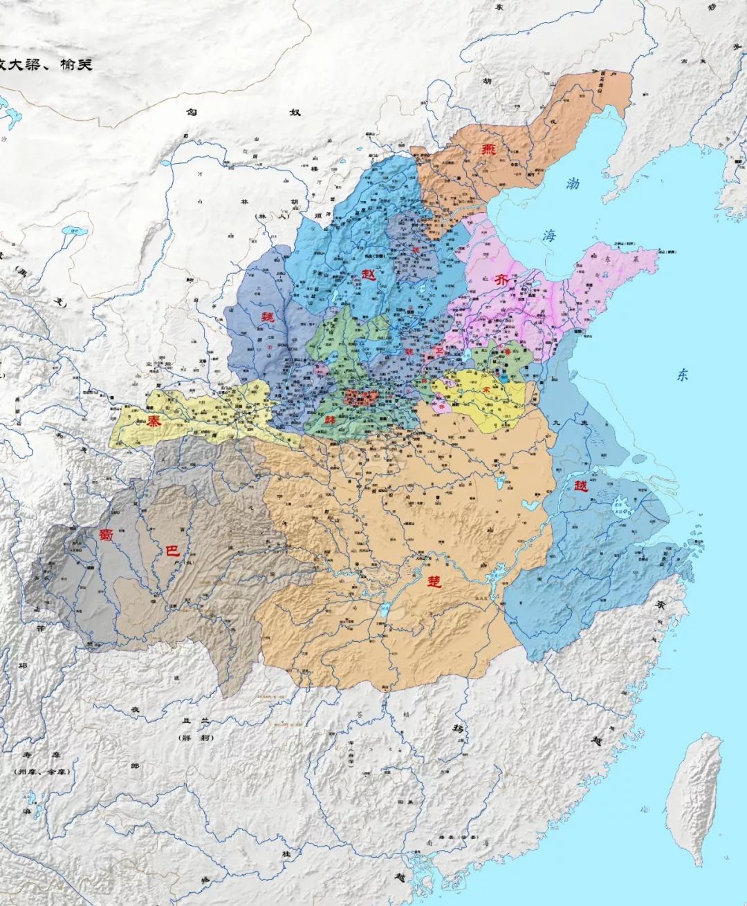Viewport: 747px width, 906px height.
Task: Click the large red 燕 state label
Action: pos(489,150)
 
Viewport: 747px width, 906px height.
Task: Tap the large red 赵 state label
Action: pos(368,274)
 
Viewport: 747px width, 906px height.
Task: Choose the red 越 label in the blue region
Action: pos(581,486)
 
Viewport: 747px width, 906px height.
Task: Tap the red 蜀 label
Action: pos(105,534)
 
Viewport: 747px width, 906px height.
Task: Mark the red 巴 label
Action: pos(171,550)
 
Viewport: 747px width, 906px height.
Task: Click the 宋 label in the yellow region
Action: pos(486,390)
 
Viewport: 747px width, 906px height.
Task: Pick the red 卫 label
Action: pos(438,351)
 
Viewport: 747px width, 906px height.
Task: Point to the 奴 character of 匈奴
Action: pos(295,112)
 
